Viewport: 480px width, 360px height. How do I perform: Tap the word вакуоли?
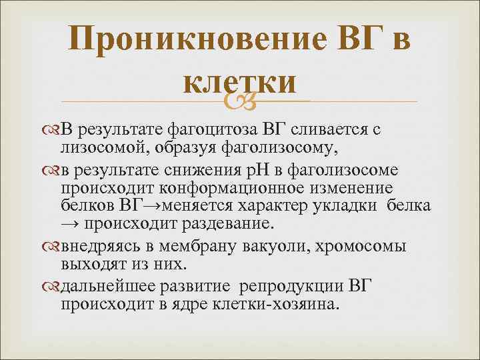(x=284, y=246)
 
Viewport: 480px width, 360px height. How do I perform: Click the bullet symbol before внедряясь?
(x=55, y=246)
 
